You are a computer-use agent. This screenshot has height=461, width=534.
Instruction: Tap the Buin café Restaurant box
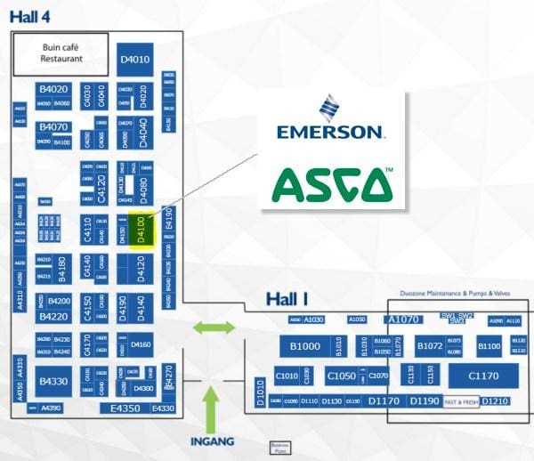(x=61, y=53)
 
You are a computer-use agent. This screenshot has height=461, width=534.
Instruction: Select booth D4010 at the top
(x=134, y=60)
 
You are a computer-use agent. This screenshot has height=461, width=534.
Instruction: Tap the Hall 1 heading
(x=287, y=298)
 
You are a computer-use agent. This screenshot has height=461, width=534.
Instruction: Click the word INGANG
(x=212, y=441)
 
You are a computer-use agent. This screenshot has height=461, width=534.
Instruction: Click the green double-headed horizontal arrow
(x=214, y=328)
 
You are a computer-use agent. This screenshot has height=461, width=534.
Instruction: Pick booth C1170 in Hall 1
(x=483, y=376)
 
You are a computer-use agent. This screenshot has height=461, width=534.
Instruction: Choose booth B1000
(x=305, y=346)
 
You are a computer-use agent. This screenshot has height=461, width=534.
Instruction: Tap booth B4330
(x=53, y=381)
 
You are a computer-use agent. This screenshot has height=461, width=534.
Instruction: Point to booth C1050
(x=341, y=376)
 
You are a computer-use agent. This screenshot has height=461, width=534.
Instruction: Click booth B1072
(x=430, y=346)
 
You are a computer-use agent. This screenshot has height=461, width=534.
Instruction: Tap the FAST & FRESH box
(x=462, y=402)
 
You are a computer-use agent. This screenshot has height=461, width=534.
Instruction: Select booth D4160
(x=141, y=344)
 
